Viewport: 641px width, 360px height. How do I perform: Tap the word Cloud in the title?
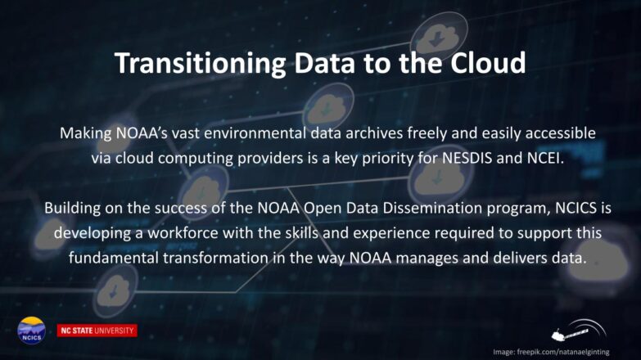(488, 62)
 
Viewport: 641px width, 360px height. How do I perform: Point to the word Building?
(72, 209)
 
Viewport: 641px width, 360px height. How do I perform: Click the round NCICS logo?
(31, 331)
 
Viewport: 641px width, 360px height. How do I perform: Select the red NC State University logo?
(97, 331)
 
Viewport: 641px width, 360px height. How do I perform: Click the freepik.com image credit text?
(551, 352)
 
